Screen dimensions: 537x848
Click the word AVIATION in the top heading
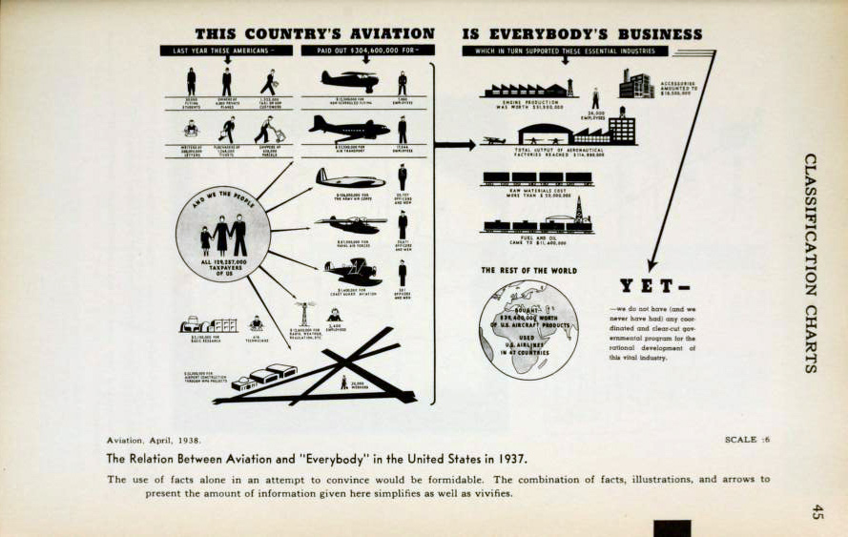(384, 33)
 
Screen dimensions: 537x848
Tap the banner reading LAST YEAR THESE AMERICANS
(226, 50)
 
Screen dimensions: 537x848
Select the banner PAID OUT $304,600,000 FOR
(367, 50)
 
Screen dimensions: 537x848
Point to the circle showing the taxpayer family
(222, 234)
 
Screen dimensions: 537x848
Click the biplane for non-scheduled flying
(349, 80)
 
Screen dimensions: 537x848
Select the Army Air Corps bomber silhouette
(349, 178)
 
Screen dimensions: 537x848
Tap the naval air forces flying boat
(349, 224)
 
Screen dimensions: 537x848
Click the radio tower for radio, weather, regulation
(304, 314)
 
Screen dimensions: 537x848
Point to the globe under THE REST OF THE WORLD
(528, 329)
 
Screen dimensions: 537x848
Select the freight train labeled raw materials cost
(536, 178)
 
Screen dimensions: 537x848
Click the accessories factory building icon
(635, 84)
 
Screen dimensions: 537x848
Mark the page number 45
(817, 511)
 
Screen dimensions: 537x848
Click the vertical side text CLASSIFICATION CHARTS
(810, 262)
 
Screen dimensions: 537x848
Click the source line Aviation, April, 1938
(154, 440)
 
